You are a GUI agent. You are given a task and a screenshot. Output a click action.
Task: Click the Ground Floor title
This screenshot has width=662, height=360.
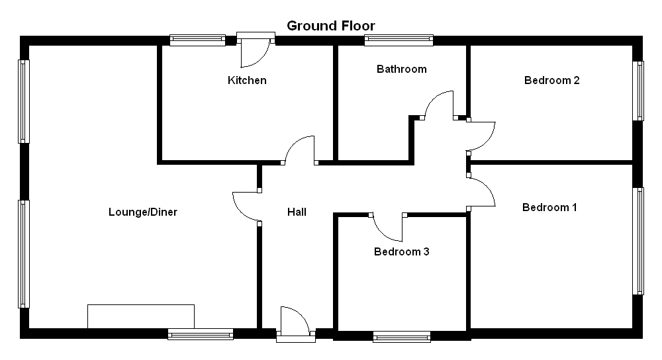[x=330, y=26]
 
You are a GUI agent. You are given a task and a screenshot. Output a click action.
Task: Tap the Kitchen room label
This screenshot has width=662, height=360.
[x=247, y=80]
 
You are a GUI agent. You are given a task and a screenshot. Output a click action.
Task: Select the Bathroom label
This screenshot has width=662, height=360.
[x=402, y=69]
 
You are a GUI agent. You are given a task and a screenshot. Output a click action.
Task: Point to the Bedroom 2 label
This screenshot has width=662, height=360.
[x=552, y=80]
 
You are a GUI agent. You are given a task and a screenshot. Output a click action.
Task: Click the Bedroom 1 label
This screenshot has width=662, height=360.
[x=549, y=207]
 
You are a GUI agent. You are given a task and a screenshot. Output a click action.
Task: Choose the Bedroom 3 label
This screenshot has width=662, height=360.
[x=402, y=251]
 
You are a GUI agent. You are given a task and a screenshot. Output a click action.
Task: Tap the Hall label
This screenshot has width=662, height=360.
[x=297, y=212]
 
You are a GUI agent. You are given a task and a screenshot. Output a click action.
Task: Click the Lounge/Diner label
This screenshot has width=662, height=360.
[x=143, y=212]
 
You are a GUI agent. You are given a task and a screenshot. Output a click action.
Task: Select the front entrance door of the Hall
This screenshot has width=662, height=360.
[x=295, y=323]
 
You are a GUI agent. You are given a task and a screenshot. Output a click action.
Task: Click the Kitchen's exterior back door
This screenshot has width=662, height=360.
[x=256, y=51]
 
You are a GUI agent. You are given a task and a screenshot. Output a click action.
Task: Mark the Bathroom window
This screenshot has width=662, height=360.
[x=399, y=40]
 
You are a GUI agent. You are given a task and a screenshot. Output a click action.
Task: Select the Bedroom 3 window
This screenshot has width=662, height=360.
[x=402, y=336]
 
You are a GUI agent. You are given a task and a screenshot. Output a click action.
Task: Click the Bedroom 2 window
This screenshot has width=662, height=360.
[x=638, y=91]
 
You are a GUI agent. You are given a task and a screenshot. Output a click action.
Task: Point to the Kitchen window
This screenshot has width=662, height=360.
[x=197, y=40]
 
